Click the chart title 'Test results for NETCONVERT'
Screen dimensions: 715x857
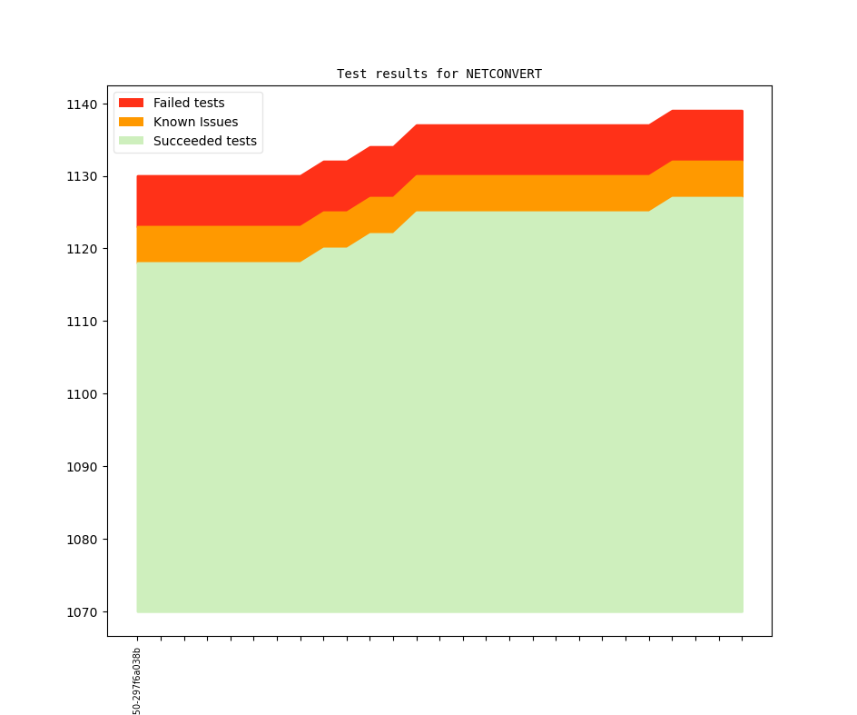coord(439,74)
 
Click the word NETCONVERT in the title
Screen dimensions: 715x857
coord(504,74)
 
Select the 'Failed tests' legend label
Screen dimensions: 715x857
coord(189,103)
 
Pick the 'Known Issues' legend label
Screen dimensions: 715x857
coord(195,122)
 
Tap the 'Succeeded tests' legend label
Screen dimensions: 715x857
coord(204,141)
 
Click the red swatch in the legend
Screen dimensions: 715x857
coord(131,103)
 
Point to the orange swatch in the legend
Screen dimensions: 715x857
coord(131,122)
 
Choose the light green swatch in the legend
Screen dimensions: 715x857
coord(131,141)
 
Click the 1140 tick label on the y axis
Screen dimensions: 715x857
coord(81,104)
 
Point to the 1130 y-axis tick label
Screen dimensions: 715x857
coord(81,176)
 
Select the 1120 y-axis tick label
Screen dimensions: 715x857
coord(81,249)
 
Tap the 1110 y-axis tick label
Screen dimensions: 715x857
coord(81,322)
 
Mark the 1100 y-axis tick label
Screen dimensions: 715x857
coord(81,394)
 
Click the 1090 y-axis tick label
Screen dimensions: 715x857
coord(81,467)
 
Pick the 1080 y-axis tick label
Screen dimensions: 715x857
coord(81,540)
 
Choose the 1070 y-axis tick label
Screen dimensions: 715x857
coord(81,612)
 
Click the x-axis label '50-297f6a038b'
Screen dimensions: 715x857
coord(137,680)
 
